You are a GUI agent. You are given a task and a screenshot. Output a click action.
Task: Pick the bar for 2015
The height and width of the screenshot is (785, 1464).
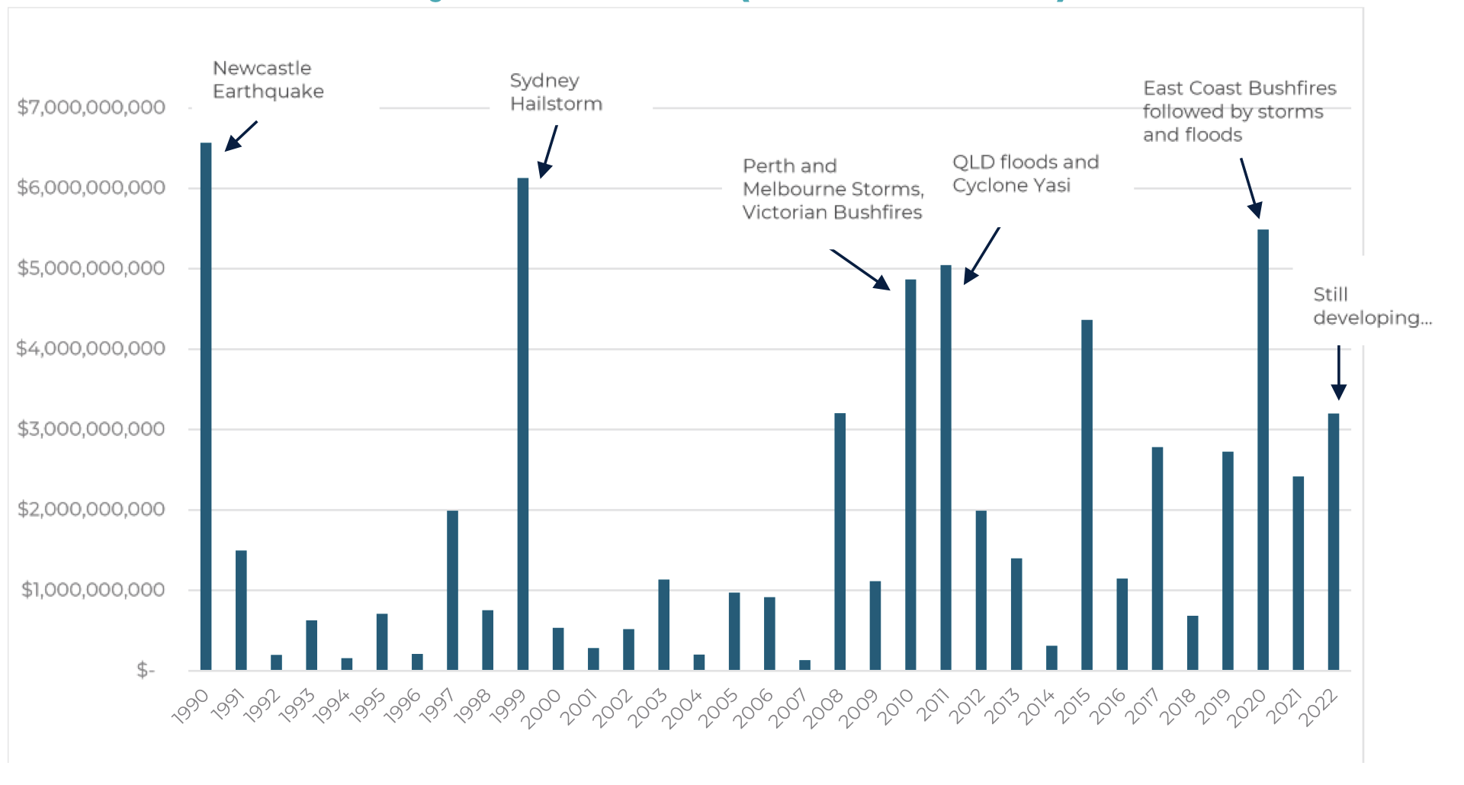[1087, 495]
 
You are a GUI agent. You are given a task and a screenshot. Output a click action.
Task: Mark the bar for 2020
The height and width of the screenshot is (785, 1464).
[1263, 450]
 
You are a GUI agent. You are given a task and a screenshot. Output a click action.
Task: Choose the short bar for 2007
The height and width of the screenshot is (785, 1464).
[804, 665]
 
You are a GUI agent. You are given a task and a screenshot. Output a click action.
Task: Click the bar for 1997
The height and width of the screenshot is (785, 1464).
[452, 590]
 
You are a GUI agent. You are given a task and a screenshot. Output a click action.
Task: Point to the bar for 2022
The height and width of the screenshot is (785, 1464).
[1334, 542]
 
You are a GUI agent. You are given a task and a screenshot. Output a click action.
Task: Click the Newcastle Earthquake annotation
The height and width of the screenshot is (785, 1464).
[268, 80]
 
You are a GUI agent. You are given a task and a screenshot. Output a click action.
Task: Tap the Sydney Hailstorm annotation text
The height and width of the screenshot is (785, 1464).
[556, 92]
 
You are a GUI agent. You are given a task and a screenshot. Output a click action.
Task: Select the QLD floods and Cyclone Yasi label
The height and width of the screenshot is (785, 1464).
[1025, 174]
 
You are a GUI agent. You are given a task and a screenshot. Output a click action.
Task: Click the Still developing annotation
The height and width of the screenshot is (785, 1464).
[1372, 306]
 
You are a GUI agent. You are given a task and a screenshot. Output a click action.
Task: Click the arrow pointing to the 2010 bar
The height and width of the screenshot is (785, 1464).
[861, 270]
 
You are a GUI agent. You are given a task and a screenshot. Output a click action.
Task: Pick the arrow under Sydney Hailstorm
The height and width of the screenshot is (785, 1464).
[548, 151]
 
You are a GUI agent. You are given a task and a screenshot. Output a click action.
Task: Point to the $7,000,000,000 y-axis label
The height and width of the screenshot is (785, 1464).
[91, 107]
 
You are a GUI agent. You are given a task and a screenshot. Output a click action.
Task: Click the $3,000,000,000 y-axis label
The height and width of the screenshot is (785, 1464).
[91, 429]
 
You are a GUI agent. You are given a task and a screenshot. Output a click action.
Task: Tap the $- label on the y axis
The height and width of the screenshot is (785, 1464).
[145, 671]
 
